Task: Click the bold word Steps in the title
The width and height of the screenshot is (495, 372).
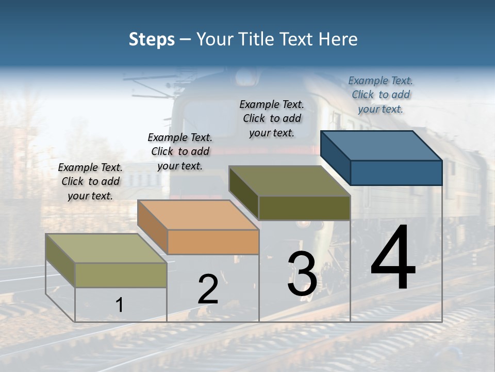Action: [152, 39]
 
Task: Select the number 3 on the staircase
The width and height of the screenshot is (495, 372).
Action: [302, 274]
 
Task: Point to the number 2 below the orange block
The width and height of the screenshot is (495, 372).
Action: [208, 289]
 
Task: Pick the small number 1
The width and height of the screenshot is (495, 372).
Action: [119, 305]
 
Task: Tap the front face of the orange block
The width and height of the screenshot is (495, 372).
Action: [213, 242]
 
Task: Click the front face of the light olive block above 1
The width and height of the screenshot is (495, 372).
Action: [121, 275]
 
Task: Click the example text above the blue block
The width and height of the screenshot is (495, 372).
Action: [381, 95]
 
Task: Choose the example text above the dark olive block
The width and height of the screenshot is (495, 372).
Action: [272, 118]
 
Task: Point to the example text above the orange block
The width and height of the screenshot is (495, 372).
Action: [180, 151]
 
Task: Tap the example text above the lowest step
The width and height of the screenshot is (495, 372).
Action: [90, 181]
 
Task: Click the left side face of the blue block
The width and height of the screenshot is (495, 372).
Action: [336, 158]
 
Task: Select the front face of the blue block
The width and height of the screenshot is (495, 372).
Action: [396, 173]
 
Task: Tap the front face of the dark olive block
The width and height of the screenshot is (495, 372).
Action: [304, 208]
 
